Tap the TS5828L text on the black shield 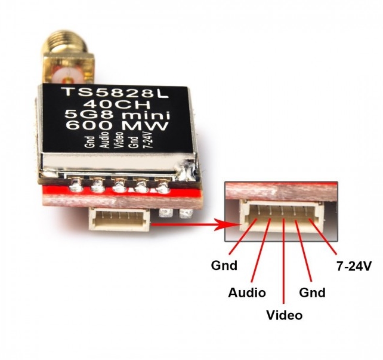(115, 93)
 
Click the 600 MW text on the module (118, 126)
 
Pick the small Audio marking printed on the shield (105, 140)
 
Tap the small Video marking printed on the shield (119, 140)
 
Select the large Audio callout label (247, 293)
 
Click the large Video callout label (285, 315)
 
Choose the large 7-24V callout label (354, 266)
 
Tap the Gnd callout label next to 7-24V (312, 293)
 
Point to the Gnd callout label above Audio (224, 266)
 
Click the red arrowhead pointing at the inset (227, 224)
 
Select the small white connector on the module (119, 219)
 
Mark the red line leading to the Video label (283, 261)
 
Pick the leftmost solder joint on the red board (75, 186)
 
